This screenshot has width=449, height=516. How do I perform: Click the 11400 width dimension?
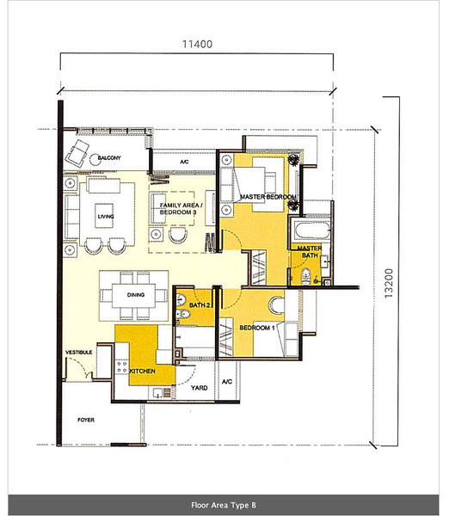197,44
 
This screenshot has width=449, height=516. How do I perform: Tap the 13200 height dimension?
389,283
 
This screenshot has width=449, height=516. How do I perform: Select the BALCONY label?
109,158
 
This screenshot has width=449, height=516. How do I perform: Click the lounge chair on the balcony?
77,153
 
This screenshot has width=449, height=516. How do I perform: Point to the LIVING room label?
106,217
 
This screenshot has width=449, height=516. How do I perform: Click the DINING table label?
136,295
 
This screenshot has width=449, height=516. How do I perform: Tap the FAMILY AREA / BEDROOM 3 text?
181,209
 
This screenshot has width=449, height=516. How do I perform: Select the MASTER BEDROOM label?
268,197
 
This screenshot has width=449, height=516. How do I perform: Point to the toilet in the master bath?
306,276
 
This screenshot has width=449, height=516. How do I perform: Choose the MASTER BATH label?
310,252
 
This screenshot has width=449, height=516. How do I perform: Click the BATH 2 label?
200,305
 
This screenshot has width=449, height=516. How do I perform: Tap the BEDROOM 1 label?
257,328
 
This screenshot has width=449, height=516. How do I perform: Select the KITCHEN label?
142,372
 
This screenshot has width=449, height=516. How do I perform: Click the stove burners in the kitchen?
122,367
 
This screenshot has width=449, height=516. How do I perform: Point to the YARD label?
200,388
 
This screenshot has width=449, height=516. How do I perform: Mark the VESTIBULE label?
78,353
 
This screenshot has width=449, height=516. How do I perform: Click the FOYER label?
86,420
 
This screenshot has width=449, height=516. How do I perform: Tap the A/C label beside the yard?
227,382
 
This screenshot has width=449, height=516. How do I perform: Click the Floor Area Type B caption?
224,505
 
